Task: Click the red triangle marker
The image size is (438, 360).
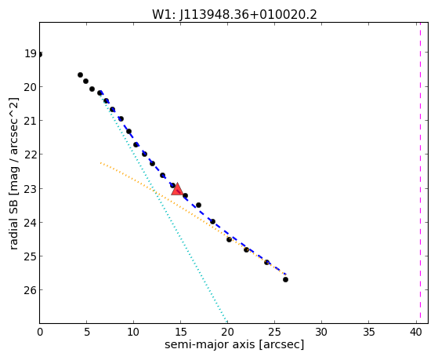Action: [177, 189]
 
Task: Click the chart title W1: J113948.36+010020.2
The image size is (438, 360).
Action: [234, 14]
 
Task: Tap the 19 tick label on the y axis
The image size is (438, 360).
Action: [31, 53]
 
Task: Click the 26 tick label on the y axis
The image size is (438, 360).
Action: [31, 290]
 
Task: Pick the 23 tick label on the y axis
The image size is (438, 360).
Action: [31, 189]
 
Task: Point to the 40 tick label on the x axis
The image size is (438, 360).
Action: [415, 332]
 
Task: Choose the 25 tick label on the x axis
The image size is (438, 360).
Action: [274, 332]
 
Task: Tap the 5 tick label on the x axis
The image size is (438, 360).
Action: [87, 332]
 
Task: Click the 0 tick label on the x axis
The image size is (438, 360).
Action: [40, 332]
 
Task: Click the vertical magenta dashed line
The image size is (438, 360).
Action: [420, 173]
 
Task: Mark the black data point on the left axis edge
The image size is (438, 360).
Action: [40, 55]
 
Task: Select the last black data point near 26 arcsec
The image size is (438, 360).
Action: [285, 279]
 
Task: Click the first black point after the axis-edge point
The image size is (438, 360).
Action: [80, 75]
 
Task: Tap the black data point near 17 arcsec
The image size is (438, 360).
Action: [198, 205]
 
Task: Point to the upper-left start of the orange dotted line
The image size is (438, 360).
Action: [100, 163]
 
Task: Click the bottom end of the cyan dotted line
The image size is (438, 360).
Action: [226, 322]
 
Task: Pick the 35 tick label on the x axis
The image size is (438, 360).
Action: [369, 332]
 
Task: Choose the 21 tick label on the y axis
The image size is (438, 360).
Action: [31, 121]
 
